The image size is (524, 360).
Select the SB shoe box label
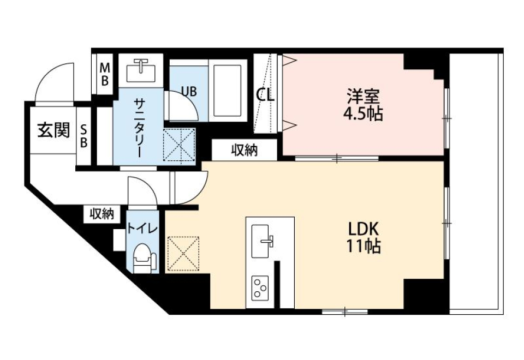[x=84, y=135]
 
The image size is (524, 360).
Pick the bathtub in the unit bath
[x=227, y=91]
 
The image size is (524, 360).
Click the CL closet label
[x=266, y=95]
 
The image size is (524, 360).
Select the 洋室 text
[x=362, y=97]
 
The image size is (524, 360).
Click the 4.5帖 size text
[x=362, y=115]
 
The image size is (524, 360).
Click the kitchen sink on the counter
[x=264, y=238]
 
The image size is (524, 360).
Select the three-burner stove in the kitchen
[x=260, y=287]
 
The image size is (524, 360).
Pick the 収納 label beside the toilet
[x=102, y=214]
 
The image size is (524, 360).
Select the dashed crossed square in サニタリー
[x=180, y=145]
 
